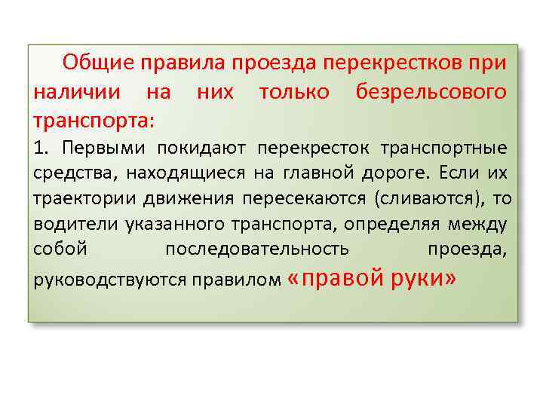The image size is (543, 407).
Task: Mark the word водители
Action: point(68,224)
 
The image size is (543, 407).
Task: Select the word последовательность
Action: point(256,249)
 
